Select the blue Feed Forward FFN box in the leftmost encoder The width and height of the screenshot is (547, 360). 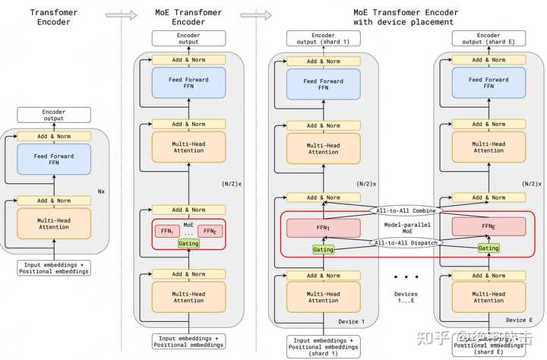click(54, 159)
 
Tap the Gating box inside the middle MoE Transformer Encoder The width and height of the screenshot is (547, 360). click(188, 243)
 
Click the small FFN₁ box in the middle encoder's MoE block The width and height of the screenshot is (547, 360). click(165, 231)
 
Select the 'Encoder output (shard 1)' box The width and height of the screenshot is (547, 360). click(323, 39)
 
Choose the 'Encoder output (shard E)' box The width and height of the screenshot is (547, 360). click(489, 39)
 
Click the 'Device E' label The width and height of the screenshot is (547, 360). click(519, 321)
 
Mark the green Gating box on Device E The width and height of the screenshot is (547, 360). click(489, 248)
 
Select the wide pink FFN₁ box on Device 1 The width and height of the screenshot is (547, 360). click(323, 227)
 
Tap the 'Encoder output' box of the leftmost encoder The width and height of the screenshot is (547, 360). click(53, 115)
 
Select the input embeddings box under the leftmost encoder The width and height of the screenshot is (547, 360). click(54, 267)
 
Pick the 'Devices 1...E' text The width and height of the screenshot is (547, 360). click(406, 298)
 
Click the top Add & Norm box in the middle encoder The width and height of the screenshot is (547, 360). click(188, 59)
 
